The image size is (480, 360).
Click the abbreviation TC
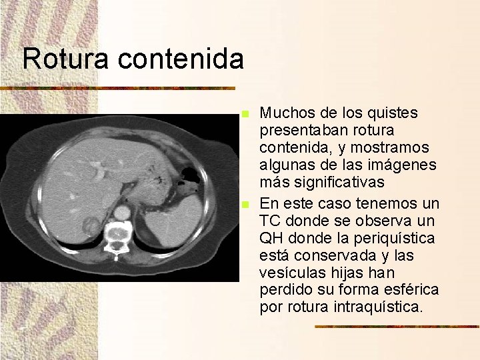pyautogui.click(x=271, y=221)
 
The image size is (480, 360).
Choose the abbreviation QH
pyautogui.click(x=272, y=237)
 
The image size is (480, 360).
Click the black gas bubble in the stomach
pyautogui.click(x=190, y=175)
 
